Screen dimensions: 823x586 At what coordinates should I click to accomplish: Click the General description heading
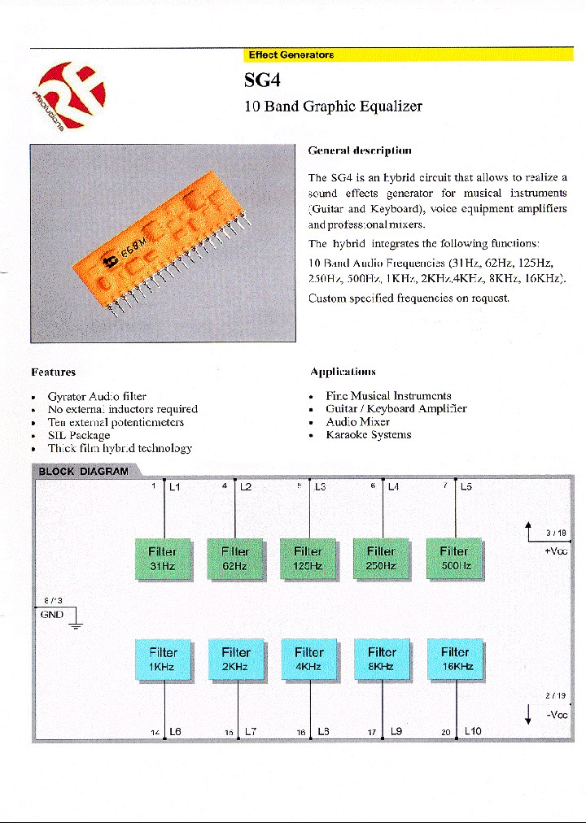(359, 150)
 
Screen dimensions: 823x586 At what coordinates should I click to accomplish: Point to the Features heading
(53, 372)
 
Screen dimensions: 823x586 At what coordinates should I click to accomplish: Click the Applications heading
(343, 372)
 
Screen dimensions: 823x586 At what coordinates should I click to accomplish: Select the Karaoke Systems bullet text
(368, 435)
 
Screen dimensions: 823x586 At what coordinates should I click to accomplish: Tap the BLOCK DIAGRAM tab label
(83, 471)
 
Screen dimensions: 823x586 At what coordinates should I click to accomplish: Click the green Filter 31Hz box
(163, 558)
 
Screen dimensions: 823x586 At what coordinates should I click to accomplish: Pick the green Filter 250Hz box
(381, 558)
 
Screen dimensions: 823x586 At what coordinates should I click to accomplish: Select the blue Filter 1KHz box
(163, 659)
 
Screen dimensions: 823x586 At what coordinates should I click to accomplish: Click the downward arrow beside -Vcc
(529, 714)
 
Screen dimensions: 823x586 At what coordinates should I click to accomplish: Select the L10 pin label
(473, 731)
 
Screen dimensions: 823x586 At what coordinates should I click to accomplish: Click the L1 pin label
(175, 487)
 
